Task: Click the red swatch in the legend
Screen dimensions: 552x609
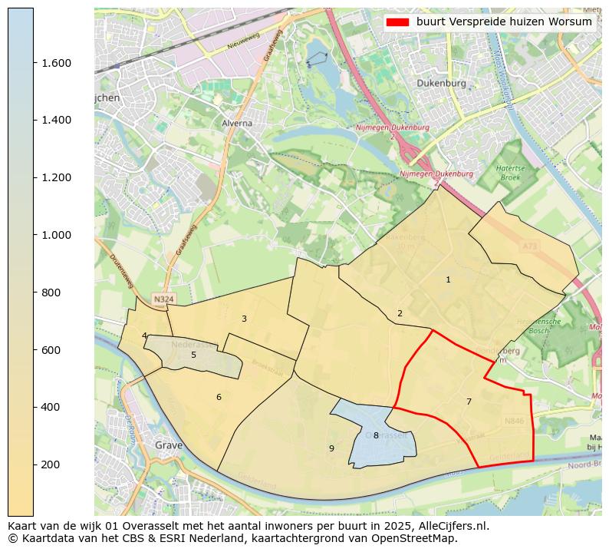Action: coord(399,22)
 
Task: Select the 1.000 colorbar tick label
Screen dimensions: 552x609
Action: coord(56,235)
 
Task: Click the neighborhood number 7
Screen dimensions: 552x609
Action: coord(469,402)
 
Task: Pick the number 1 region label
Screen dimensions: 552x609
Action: coord(448,279)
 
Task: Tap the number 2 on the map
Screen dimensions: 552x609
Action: coord(400,313)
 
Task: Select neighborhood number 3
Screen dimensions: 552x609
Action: coord(244,319)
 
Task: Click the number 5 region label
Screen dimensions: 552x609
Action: coord(193,355)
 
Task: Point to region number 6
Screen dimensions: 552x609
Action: coord(219,397)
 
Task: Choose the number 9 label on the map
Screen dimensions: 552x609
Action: coord(331,448)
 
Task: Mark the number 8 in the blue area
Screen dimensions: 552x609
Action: coord(376,435)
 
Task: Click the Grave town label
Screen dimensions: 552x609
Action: coord(168,445)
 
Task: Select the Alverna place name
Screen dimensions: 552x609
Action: coord(236,123)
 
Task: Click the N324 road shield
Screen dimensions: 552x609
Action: coord(163,299)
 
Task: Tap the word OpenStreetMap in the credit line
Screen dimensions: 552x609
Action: coord(417,538)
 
